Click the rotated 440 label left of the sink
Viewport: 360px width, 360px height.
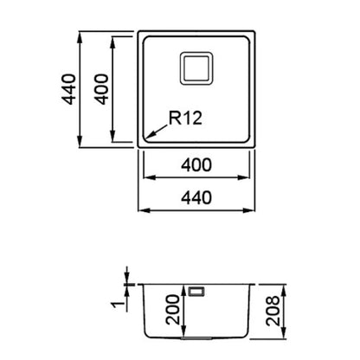pyautogui.click(x=68, y=89)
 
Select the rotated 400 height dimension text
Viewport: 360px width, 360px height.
pyautogui.click(x=102, y=89)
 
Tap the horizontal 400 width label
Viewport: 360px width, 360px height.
pyautogui.click(x=196, y=165)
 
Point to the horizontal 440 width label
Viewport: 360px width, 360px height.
pyautogui.click(x=196, y=198)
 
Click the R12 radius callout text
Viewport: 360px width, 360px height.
pyautogui.click(x=185, y=118)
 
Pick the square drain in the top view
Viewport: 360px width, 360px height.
pyautogui.click(x=196, y=68)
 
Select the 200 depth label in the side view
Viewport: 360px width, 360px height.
pyautogui.click(x=174, y=310)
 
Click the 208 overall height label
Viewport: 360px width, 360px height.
pyautogui.click(x=273, y=311)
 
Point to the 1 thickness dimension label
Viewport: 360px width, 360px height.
pyautogui.click(x=117, y=305)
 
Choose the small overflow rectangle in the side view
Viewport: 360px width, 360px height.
pyautogui.click(x=196, y=291)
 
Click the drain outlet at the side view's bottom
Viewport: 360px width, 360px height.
pyautogui.click(x=196, y=337)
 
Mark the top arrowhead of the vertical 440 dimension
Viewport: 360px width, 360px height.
pyautogui.click(x=80, y=36)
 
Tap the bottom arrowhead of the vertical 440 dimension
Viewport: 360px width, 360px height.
pyautogui.click(x=80, y=142)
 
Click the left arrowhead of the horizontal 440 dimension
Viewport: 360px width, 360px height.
pyautogui.click(x=145, y=210)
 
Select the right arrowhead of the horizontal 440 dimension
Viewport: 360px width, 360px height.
pyautogui.click(x=249, y=210)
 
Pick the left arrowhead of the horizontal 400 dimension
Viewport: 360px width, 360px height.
pyautogui.click(x=149, y=177)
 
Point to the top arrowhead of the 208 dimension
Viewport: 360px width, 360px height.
pyautogui.click(x=284, y=290)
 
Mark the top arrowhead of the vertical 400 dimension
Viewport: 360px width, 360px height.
pyautogui.click(x=113, y=42)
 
